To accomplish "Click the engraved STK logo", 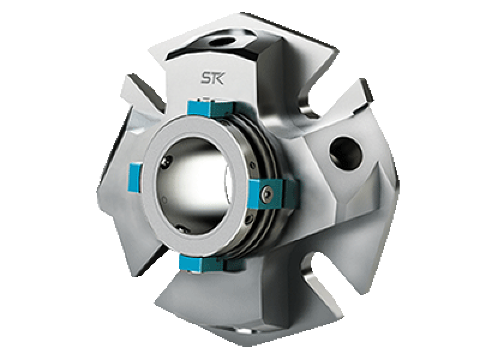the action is tap(212, 78).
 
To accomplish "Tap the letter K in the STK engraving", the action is tap(219, 78).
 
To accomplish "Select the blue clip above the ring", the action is tap(211, 108).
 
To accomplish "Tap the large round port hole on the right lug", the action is tap(346, 153).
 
